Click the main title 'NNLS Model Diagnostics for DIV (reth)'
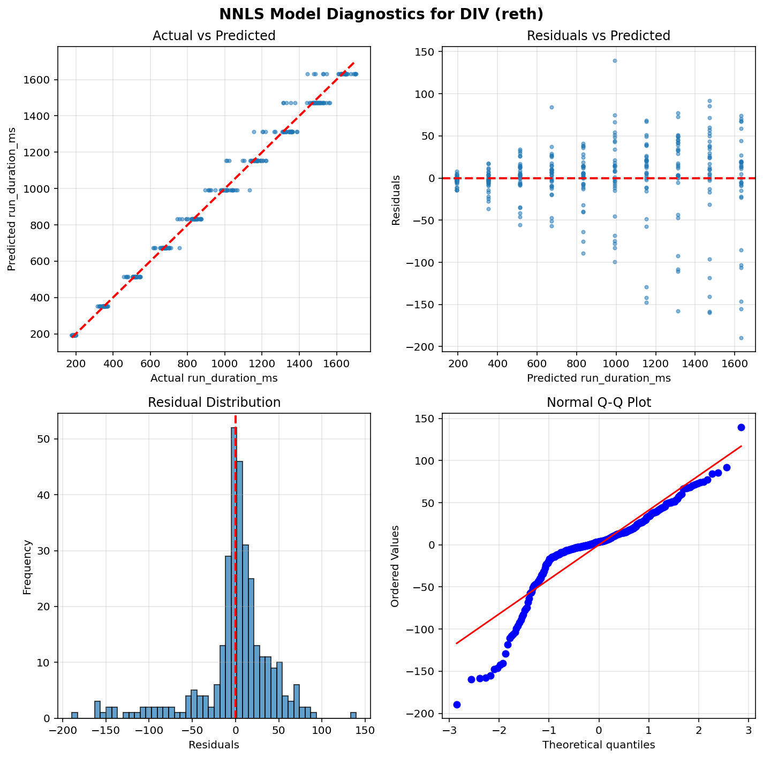(x=381, y=14)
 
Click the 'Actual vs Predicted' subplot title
(x=214, y=36)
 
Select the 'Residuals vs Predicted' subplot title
(x=599, y=36)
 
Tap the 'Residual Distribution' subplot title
(x=214, y=403)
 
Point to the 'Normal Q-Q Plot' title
(x=599, y=403)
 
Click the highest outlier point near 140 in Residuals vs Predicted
(x=615, y=60)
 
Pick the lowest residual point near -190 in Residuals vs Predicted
(x=742, y=338)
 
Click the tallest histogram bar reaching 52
(x=233, y=572)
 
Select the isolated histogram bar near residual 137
(x=353, y=715)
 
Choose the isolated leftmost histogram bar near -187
(x=75, y=715)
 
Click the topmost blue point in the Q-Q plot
(x=741, y=427)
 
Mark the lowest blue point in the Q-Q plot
(x=457, y=704)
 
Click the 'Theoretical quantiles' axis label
(x=599, y=745)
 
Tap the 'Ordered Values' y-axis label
(x=395, y=566)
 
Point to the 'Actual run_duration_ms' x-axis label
(x=214, y=378)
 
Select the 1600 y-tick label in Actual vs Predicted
(x=41, y=80)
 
